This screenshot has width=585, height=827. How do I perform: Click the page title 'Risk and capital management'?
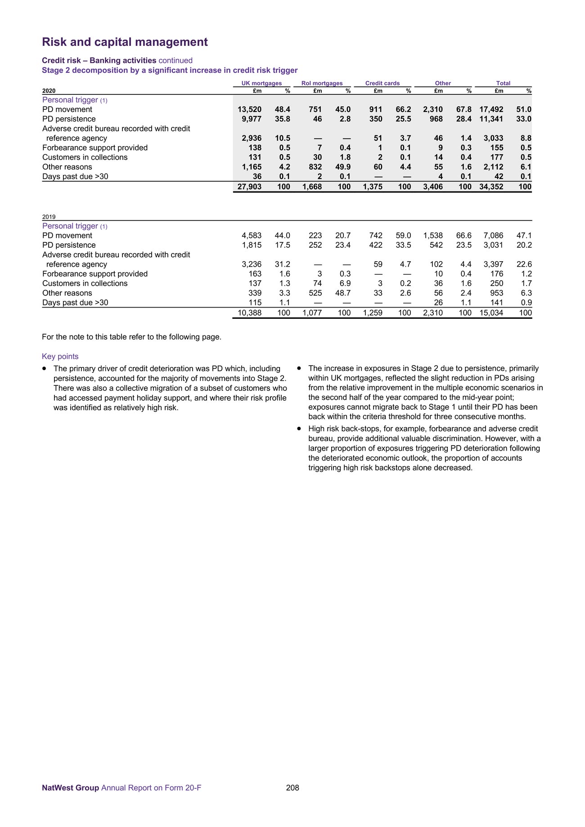tap(125, 42)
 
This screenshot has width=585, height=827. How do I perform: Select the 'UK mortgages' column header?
tap(261, 83)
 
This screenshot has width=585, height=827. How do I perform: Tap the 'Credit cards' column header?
tap(382, 83)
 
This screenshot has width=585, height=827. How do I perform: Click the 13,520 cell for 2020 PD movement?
tap(249, 109)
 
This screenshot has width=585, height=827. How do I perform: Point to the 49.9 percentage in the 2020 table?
tap(343, 167)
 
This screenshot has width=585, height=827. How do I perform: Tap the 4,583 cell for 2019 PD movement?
tap(252, 236)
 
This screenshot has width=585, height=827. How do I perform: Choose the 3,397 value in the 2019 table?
tap(493, 264)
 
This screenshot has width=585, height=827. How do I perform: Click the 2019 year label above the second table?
tap(49, 217)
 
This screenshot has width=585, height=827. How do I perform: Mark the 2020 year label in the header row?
tap(49, 91)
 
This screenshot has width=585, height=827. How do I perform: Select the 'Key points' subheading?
tap(60, 357)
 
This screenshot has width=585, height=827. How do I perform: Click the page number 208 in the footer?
tap(292, 787)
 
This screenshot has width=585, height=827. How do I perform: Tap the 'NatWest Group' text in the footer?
tap(70, 787)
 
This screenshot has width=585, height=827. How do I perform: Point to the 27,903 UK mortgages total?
tap(249, 187)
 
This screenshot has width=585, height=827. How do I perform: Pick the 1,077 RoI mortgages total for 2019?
tap(312, 313)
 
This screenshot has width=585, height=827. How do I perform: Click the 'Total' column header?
tap(503, 83)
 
